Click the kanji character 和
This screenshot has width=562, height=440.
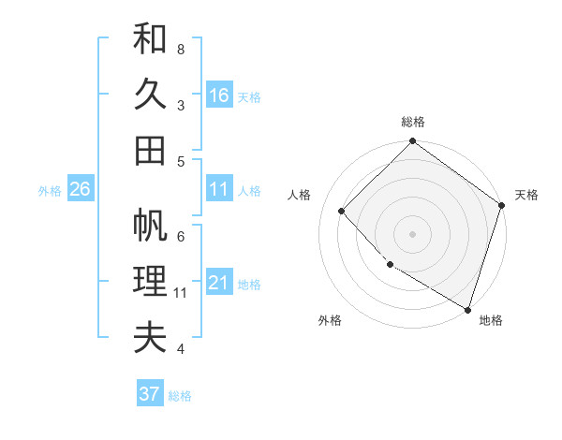click(x=150, y=39)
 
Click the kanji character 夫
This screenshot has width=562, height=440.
click(x=150, y=338)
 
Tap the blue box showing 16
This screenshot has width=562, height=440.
click(x=219, y=95)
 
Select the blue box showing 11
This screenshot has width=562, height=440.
click(x=219, y=189)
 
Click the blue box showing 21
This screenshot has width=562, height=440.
click(x=219, y=282)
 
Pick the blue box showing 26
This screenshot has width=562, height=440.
click(x=80, y=189)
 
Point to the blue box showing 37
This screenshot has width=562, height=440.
click(x=149, y=394)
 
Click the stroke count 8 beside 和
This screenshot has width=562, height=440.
click(x=181, y=49)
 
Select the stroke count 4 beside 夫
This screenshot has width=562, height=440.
click(x=181, y=349)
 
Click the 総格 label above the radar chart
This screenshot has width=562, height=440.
click(x=413, y=123)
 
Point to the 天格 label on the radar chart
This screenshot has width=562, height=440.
click(x=526, y=195)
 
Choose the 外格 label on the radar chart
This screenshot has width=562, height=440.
click(x=330, y=321)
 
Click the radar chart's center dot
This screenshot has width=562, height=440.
click(x=412, y=234)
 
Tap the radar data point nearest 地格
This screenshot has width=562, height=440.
click(x=467, y=308)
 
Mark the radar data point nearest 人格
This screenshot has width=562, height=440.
click(x=342, y=212)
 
